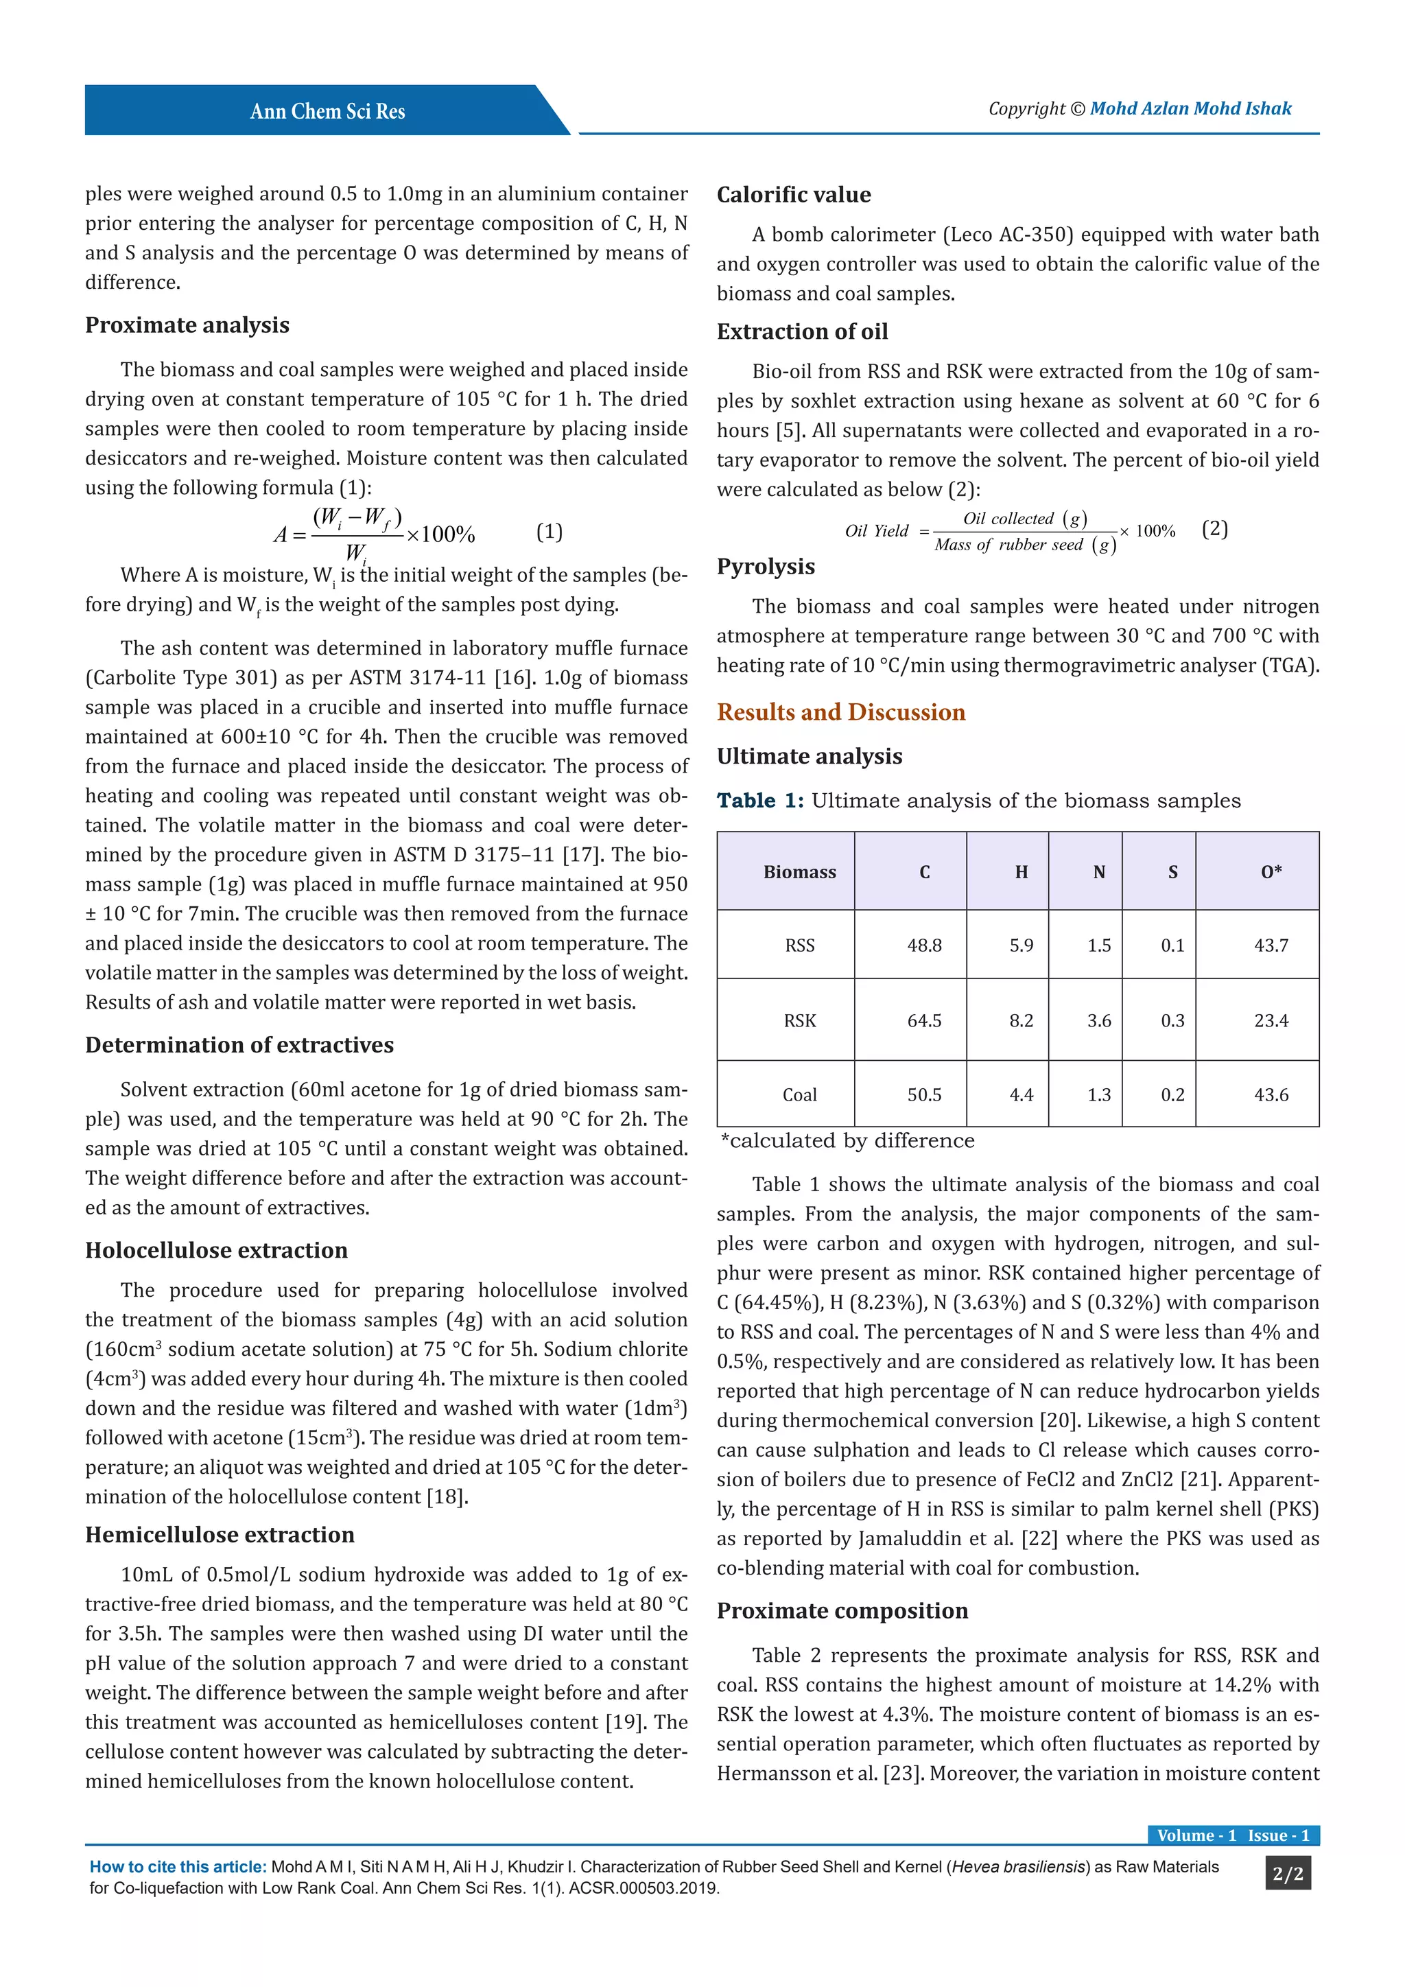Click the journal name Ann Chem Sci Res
(327, 112)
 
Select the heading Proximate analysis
(187, 325)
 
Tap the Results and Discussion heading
(840, 712)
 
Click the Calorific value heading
(793, 195)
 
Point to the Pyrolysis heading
(765, 567)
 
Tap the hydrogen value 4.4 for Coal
(1021, 1096)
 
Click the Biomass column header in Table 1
(799, 872)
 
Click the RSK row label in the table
(799, 1021)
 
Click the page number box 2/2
(1287, 1874)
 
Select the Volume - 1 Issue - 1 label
(1233, 1835)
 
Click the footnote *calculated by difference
(847, 1140)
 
